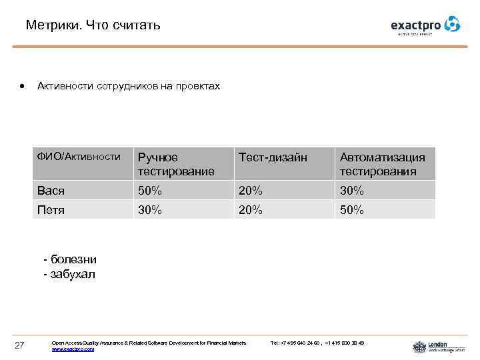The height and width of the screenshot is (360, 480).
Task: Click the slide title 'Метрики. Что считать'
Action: click(x=93, y=26)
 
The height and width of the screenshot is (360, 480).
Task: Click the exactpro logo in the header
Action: click(x=425, y=25)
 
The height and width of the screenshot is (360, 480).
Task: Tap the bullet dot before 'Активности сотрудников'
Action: click(x=23, y=87)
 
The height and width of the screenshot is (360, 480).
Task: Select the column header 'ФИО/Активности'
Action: click(x=79, y=157)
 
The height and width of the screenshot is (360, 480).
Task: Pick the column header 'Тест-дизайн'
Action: click(x=273, y=157)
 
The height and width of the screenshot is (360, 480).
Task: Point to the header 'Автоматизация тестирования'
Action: click(x=382, y=164)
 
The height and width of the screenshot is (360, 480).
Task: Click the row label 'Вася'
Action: click(x=51, y=191)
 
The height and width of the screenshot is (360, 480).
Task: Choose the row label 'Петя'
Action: click(x=51, y=210)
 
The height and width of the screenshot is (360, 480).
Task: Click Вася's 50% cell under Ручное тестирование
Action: click(x=150, y=191)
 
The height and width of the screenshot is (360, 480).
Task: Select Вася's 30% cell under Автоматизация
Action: click(x=352, y=191)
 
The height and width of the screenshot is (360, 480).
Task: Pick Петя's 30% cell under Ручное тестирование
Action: click(x=150, y=210)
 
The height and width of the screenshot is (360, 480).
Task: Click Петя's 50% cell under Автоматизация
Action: click(x=352, y=210)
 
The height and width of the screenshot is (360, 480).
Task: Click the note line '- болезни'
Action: click(x=70, y=259)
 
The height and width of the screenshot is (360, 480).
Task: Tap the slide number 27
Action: click(x=19, y=345)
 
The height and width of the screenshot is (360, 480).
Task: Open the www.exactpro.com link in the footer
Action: click(x=73, y=349)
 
